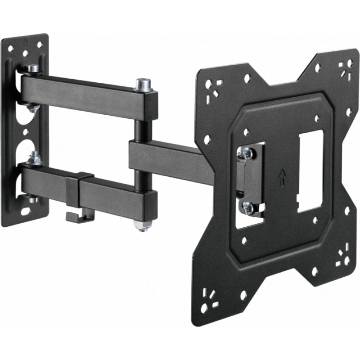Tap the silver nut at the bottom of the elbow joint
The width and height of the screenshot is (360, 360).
coord(142,225)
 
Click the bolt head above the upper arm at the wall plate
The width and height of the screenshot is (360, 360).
coord(33,69)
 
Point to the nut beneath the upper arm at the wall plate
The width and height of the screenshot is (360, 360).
coord(31,108)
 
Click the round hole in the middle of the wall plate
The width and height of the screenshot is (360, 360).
coord(26,132)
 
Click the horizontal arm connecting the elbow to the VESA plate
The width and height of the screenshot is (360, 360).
coord(171,155)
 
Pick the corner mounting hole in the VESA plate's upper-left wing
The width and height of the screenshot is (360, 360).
coord(208,84)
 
